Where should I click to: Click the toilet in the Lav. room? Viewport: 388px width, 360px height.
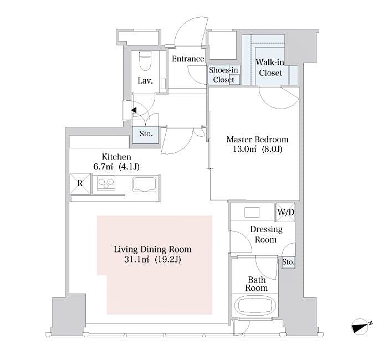coord(145,61)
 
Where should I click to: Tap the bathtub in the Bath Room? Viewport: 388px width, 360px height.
coord(256,306)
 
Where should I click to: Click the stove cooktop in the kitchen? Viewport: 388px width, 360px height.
coord(107,183)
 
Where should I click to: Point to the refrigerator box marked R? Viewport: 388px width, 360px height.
coord(79,184)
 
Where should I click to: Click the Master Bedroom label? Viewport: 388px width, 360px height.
coord(257,140)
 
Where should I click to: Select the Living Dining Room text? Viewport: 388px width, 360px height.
coord(152,249)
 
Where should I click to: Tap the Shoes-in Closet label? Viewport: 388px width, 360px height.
coord(223,75)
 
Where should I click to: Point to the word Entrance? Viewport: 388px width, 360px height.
coord(188,59)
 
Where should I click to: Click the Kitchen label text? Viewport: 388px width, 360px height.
coord(116,157)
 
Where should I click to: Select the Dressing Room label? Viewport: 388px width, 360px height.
coord(266,234)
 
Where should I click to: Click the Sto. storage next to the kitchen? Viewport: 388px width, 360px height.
coord(146,134)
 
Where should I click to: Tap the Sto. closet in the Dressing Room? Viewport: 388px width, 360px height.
coord(288,261)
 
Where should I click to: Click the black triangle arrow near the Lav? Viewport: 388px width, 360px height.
coord(134,111)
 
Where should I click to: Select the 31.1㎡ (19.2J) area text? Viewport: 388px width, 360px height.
coord(152,259)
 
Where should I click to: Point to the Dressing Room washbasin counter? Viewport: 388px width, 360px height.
coord(252,212)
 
